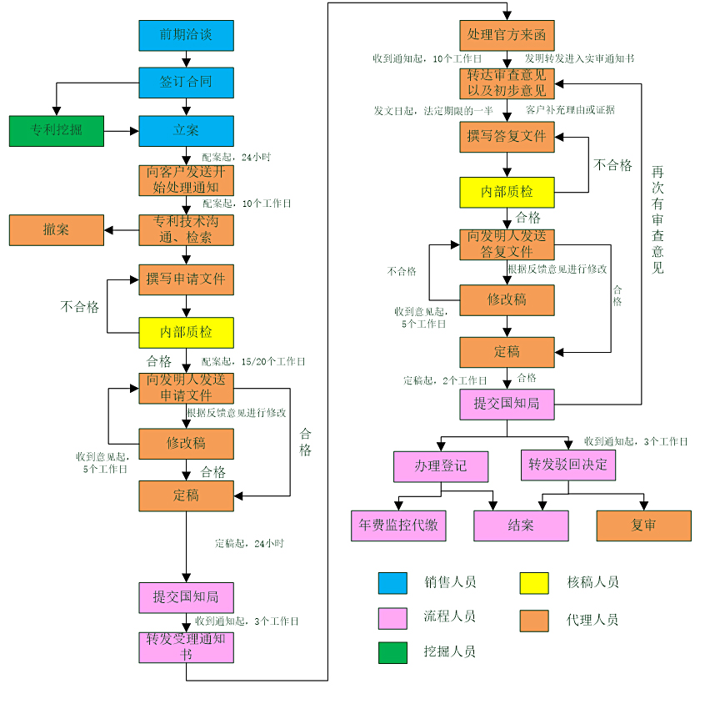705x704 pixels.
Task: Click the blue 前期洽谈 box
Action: coord(186,35)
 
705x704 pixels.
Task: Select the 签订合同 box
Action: coord(186,83)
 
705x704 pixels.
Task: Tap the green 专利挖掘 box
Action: coord(57,130)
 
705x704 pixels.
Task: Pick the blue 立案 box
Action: coord(186,131)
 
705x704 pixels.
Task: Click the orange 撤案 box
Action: coord(57,229)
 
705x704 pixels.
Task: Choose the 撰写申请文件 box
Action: coord(186,279)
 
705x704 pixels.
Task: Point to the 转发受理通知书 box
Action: coord(186,647)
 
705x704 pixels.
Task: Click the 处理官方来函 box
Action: coord(507,35)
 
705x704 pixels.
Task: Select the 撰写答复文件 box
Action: coord(507,136)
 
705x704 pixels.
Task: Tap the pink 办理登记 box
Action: coord(441,465)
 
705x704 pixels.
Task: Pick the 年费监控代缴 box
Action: coord(397,525)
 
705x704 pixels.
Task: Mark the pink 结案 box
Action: coord(521,525)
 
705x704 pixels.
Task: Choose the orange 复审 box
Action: coord(643,525)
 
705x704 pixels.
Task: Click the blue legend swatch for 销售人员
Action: coord(392,583)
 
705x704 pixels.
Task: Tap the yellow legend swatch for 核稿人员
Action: coord(534,583)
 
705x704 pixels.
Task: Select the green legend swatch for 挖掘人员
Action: coord(392,651)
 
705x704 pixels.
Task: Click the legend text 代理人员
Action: coord(592,620)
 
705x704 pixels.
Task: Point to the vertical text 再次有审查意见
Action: coord(657,219)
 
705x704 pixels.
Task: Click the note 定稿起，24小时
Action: coord(249,544)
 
